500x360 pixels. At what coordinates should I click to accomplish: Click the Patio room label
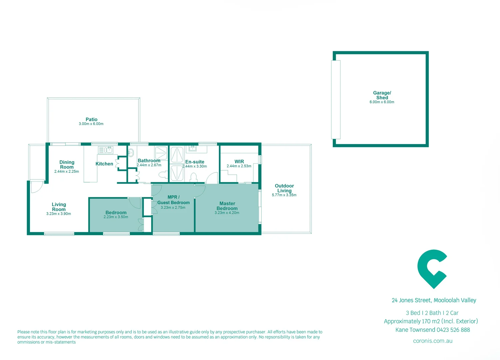(x=91, y=119)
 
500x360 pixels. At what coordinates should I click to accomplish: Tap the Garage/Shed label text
(x=382, y=95)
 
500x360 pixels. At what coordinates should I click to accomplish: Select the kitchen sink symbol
(x=106, y=150)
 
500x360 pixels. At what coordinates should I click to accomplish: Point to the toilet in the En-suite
(x=194, y=177)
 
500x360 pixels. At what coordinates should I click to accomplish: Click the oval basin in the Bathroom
(x=131, y=153)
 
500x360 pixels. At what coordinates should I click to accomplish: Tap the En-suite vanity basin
(x=193, y=148)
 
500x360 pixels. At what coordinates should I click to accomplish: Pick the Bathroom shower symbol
(x=161, y=153)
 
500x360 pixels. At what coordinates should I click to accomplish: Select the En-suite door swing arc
(x=212, y=178)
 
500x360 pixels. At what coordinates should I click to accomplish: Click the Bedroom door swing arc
(x=135, y=203)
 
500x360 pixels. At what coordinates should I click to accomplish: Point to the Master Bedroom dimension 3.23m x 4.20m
(x=227, y=213)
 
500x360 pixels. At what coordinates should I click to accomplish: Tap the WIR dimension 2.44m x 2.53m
(x=239, y=166)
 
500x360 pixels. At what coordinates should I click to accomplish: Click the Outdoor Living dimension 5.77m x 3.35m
(x=284, y=195)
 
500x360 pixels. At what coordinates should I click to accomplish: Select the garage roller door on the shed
(x=336, y=99)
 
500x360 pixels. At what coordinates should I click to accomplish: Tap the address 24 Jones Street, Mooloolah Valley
(x=434, y=300)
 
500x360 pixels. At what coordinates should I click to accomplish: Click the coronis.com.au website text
(x=432, y=341)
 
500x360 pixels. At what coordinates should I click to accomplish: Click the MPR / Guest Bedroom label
(x=174, y=200)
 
